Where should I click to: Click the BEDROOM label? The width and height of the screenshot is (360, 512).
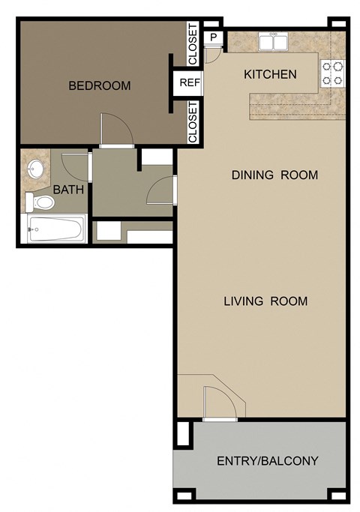click(x=99, y=85)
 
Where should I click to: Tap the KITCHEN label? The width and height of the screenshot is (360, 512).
click(x=270, y=74)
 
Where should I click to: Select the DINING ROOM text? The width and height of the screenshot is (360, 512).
click(x=274, y=175)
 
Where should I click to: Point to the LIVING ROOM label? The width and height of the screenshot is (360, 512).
click(x=265, y=301)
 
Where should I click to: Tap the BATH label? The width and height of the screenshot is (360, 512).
click(x=68, y=190)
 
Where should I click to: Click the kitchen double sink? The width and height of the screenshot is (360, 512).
click(x=274, y=42)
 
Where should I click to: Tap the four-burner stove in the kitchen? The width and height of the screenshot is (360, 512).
click(x=333, y=72)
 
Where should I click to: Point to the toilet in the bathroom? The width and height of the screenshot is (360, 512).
click(x=40, y=202)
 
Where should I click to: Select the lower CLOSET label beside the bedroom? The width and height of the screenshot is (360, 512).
click(x=193, y=123)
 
